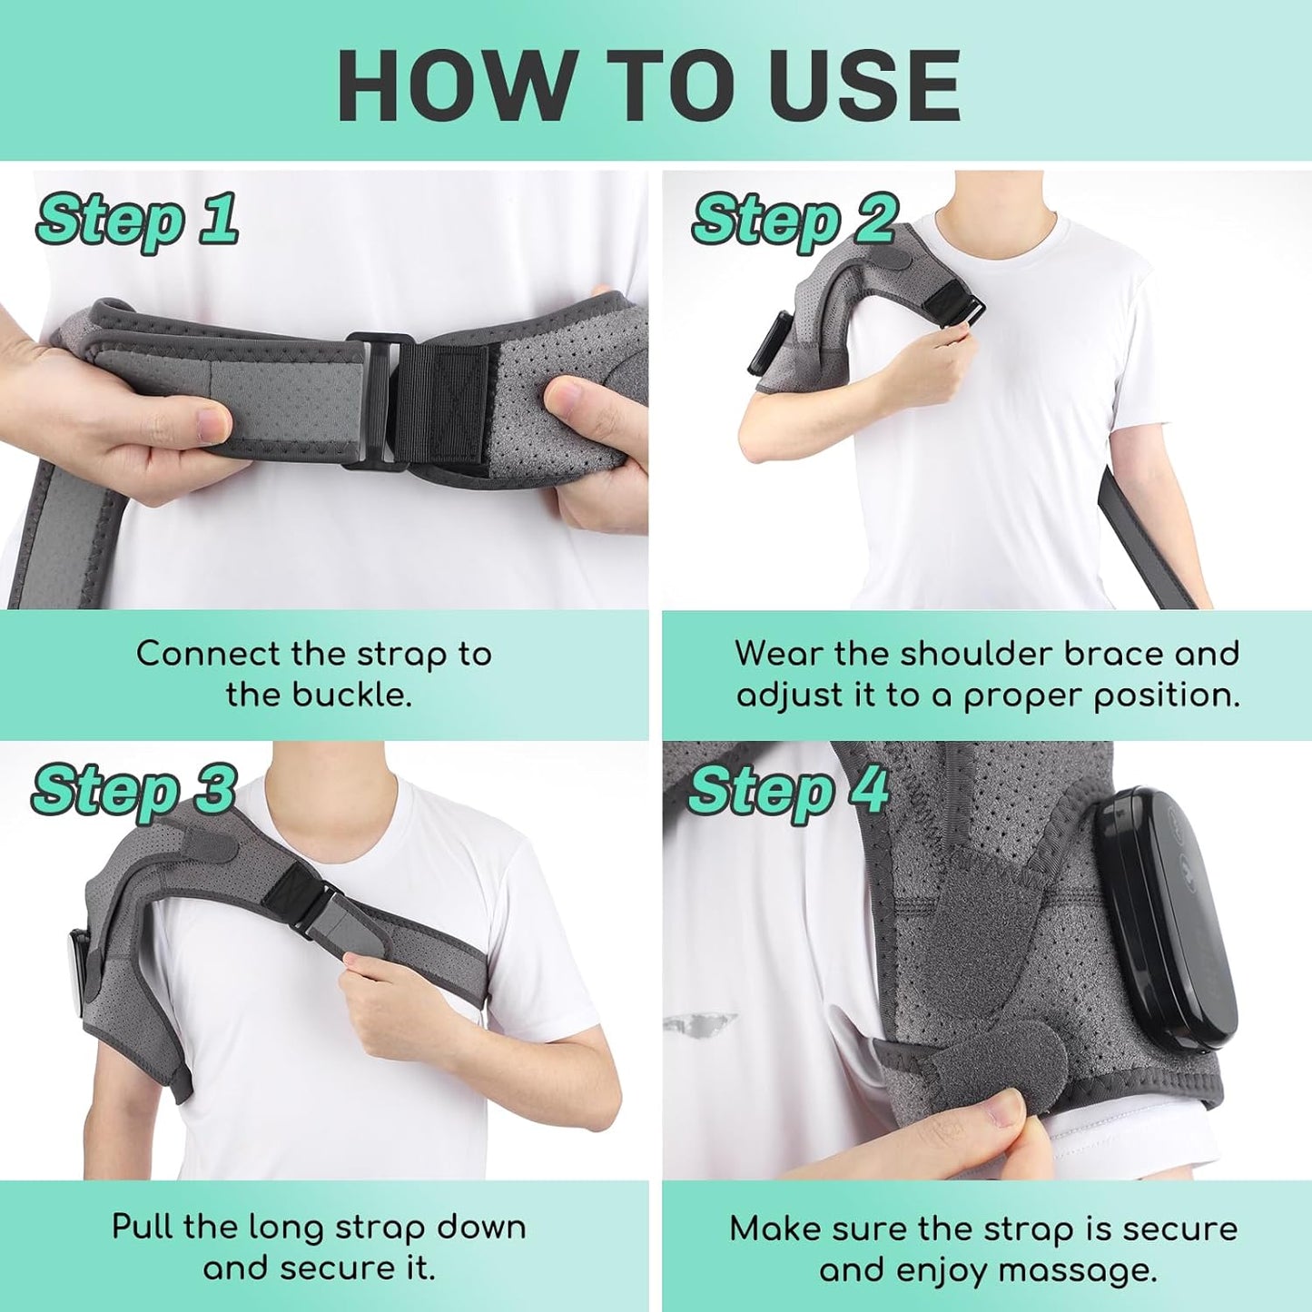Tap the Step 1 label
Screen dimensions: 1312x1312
137,220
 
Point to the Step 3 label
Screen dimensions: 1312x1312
134,790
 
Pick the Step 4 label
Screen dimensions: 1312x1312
788,790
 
